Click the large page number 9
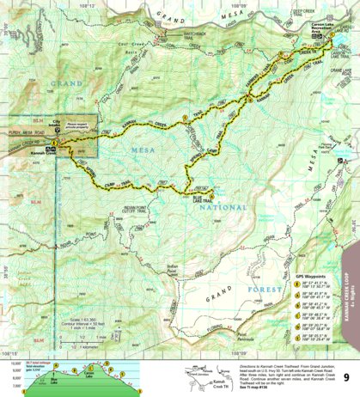pyautogui.click(x=345, y=376)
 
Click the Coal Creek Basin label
pyautogui.click(x=129, y=47)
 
